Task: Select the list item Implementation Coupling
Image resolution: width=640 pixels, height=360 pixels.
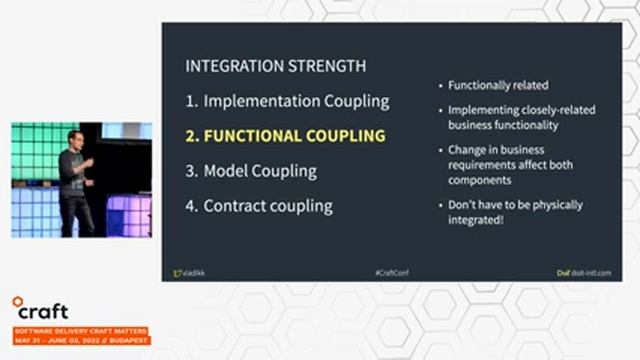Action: click(287, 101)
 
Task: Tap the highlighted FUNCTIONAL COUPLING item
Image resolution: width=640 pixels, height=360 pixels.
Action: click(285, 136)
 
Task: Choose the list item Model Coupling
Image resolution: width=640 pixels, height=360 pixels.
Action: click(251, 171)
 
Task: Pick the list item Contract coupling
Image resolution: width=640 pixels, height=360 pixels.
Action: click(259, 206)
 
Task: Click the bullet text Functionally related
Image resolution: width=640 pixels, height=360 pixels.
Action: click(499, 86)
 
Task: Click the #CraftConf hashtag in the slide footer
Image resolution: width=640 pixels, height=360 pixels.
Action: click(392, 272)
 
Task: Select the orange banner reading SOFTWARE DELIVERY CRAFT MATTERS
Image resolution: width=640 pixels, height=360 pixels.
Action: click(79, 330)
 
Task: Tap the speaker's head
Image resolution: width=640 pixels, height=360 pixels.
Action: click(74, 138)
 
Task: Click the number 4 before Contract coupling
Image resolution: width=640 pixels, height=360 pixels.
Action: click(192, 206)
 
